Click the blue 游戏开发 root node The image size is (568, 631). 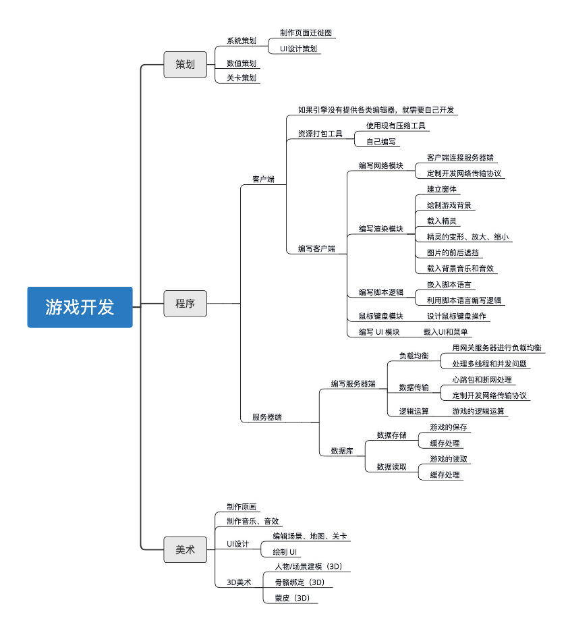(80, 307)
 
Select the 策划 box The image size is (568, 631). (185, 64)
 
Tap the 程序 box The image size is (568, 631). (185, 303)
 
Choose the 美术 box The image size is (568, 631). (185, 550)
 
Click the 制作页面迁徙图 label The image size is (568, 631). (306, 32)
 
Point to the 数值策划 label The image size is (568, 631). (242, 63)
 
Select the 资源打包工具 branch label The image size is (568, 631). (320, 134)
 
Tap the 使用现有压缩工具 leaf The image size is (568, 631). (397, 126)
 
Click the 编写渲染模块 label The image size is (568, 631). (380, 229)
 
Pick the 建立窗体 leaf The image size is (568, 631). (442, 189)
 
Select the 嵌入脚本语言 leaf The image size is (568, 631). (449, 284)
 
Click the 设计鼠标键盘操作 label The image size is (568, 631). (456, 316)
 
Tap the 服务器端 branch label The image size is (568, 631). (267, 417)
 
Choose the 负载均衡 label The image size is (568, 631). (414, 356)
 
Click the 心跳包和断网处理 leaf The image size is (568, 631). (482, 380)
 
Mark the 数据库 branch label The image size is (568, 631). (341, 451)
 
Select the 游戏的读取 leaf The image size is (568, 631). (449, 459)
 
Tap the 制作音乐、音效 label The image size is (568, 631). (252, 521)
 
